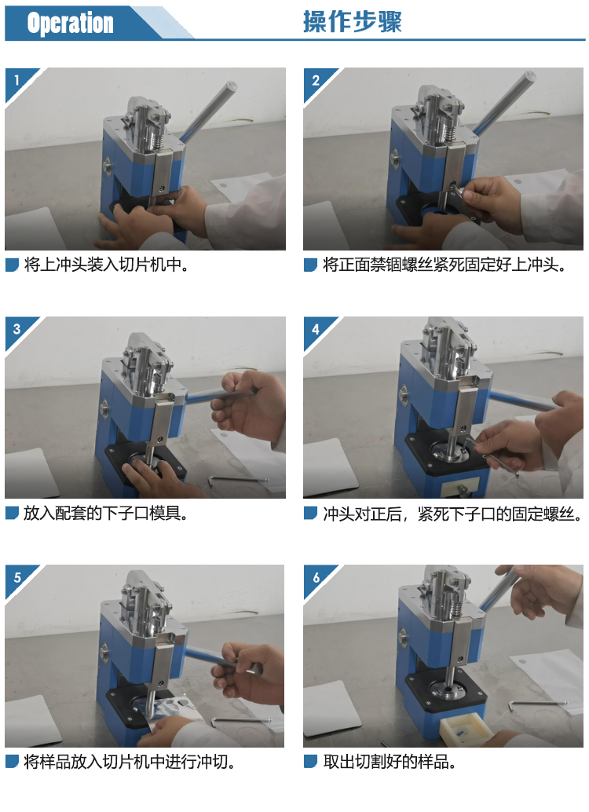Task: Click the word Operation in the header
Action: click(70, 24)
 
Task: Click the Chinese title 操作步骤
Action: click(353, 22)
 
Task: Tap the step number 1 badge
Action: click(16, 80)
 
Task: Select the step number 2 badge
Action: click(316, 80)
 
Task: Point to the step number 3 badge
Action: click(16, 328)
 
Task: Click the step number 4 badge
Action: click(316, 328)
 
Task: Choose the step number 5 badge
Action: click(17, 577)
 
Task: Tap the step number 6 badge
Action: click(316, 577)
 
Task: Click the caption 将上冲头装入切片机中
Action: click(106, 265)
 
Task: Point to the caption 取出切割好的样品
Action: click(390, 762)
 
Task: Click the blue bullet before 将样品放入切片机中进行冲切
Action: click(12, 762)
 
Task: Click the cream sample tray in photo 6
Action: click(465, 728)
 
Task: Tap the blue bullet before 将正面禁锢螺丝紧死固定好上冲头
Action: click(310, 265)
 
